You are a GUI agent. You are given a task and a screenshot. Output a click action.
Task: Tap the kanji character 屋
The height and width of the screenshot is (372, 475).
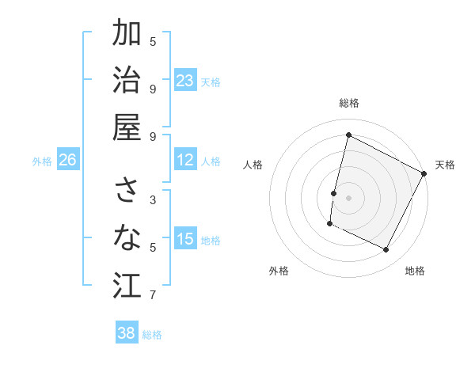coord(127,127)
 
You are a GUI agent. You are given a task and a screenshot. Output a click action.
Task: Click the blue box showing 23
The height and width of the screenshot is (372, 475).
coord(184,81)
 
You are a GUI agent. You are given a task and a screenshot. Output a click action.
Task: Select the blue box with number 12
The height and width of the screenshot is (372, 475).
coord(184,160)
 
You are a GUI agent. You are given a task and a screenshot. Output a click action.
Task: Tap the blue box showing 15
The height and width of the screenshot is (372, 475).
coord(184,239)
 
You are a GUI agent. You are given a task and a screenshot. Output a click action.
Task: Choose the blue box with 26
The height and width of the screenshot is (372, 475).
coord(67,160)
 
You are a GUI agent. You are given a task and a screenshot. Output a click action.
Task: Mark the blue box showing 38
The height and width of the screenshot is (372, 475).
coord(126,333)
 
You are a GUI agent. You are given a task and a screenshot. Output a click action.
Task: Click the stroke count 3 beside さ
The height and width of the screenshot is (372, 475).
coord(153,200)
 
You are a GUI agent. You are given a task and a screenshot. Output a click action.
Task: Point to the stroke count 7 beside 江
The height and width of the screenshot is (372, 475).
coord(153,295)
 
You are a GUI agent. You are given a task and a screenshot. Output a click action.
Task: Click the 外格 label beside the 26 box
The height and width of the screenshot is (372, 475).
coord(42,161)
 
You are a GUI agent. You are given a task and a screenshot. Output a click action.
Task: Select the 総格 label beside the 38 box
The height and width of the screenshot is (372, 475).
coord(152,335)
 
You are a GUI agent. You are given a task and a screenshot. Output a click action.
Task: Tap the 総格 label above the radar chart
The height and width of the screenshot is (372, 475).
coord(348,103)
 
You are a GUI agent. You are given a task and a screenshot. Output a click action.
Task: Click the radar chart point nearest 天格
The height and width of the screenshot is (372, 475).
coord(424,173)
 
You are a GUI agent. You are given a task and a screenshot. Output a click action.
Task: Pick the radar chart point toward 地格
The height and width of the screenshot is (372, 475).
coord(386,250)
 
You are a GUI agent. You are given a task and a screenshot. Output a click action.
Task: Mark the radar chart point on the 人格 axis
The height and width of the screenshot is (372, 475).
coord(333,192)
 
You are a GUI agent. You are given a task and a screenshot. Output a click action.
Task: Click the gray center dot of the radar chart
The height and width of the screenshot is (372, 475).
coord(348,197)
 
